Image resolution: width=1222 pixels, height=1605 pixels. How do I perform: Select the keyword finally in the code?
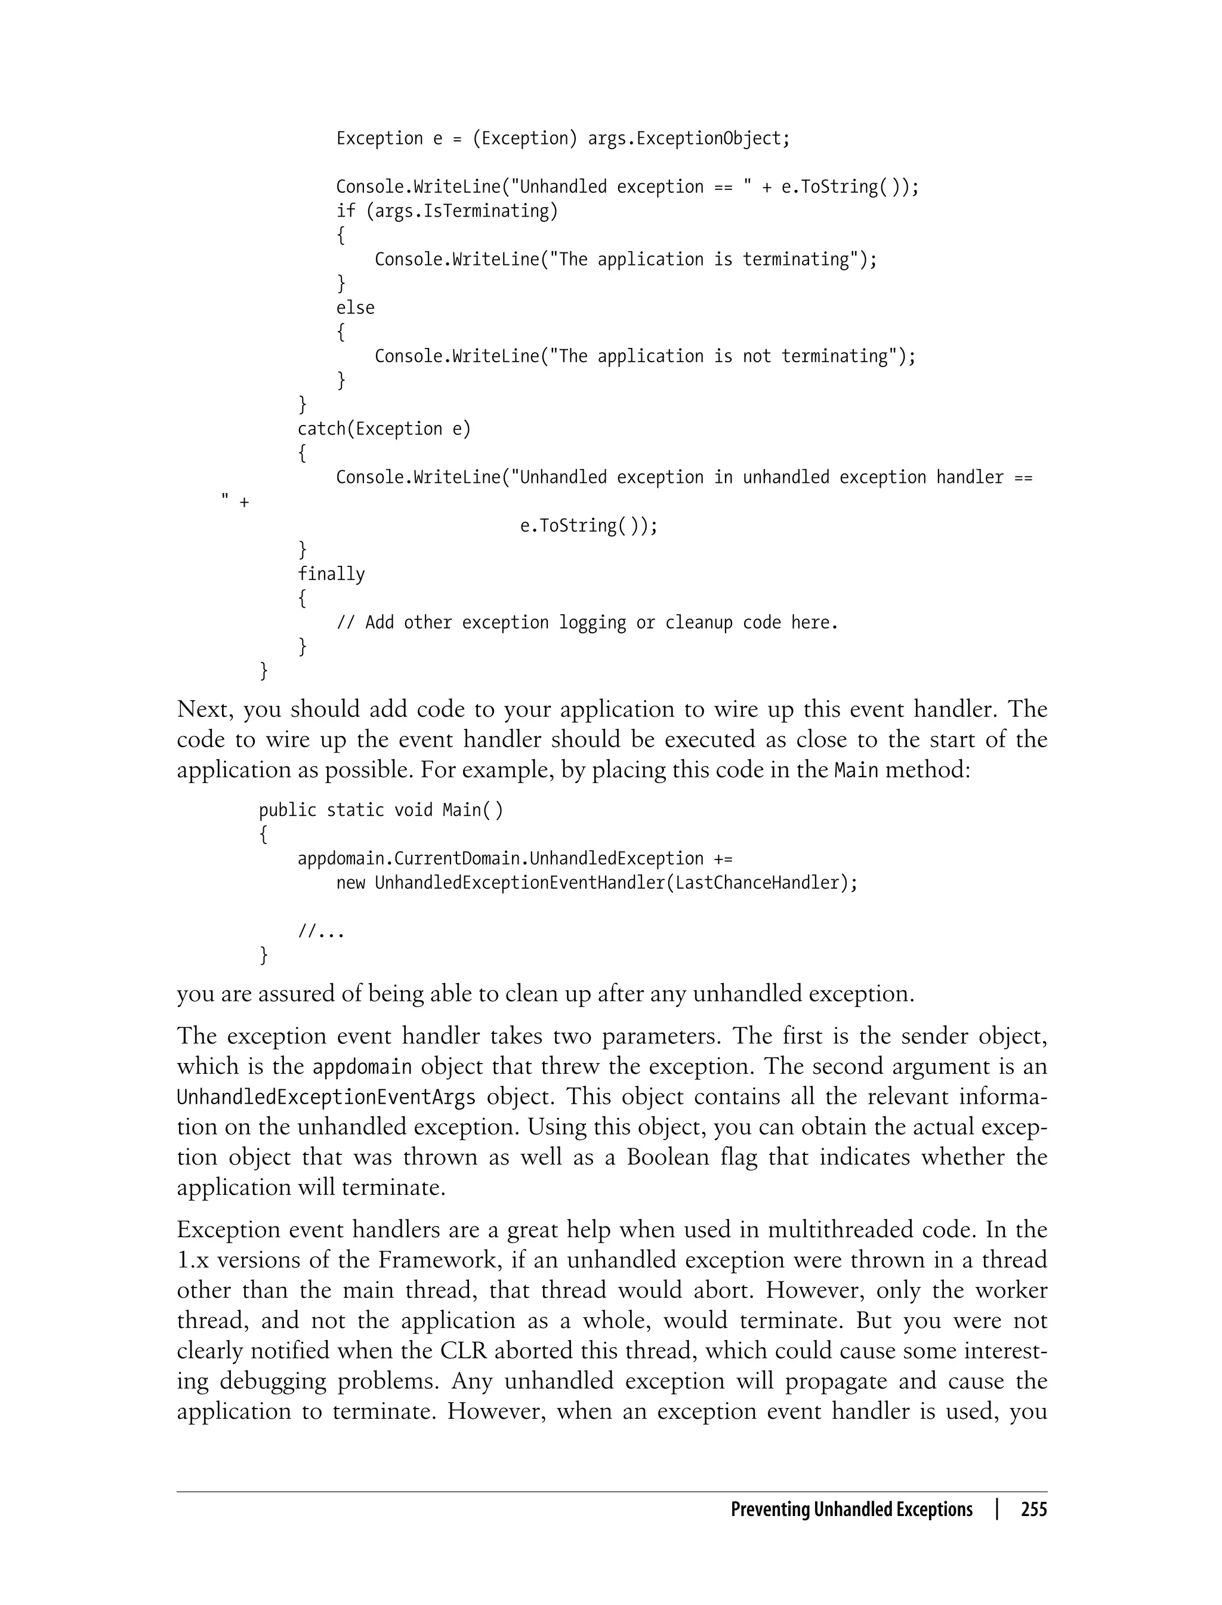pyautogui.click(x=331, y=574)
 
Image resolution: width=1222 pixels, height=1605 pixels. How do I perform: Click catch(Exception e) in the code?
pyautogui.click(x=384, y=429)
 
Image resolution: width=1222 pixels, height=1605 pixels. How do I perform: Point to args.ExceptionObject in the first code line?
pyautogui.click(x=687, y=138)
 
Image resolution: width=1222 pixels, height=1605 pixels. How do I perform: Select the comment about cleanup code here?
pyautogui.click(x=587, y=623)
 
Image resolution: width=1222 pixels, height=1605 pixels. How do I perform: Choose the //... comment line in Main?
pyautogui.click(x=321, y=931)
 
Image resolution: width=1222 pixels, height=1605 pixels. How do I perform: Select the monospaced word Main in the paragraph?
pyautogui.click(x=856, y=770)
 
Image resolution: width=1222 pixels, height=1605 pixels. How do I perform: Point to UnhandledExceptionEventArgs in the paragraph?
pyautogui.click(x=326, y=1097)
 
